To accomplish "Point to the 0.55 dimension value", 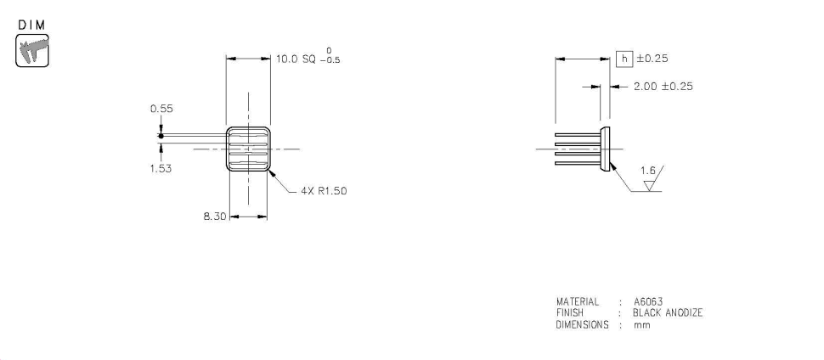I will [x=161, y=109].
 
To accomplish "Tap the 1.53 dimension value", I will [x=161, y=168].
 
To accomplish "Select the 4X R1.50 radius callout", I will [x=323, y=191].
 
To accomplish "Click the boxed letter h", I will [x=624, y=59].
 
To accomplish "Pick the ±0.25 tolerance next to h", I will [x=652, y=59].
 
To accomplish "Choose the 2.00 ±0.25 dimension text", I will [x=663, y=87].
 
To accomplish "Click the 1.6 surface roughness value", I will [x=649, y=171].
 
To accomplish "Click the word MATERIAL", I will [x=578, y=302].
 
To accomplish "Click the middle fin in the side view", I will [x=577, y=149].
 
